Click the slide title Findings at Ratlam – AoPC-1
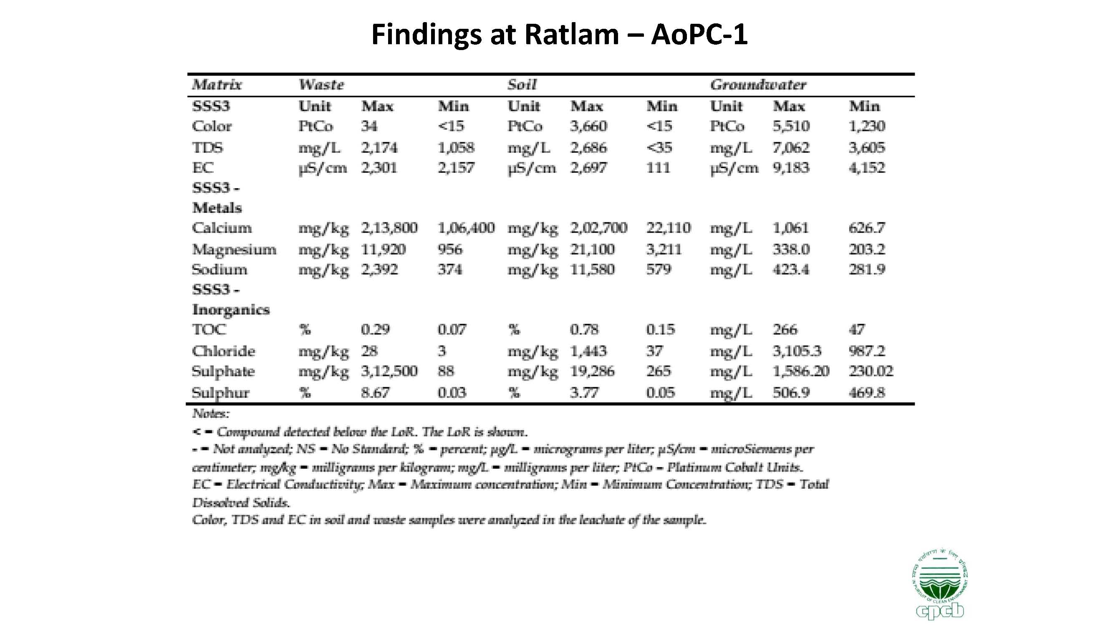click(x=559, y=35)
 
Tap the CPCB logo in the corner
click(x=940, y=588)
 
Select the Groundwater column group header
click(x=758, y=85)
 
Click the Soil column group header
click(x=522, y=85)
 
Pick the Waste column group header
click(x=321, y=85)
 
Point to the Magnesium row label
click(x=234, y=250)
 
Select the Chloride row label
click(x=223, y=351)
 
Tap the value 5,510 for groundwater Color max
click(x=791, y=126)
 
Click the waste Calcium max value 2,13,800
click(x=389, y=228)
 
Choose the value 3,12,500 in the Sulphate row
click(x=389, y=371)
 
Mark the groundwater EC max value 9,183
click(x=791, y=168)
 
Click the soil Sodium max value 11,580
click(x=592, y=270)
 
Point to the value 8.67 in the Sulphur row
click(x=375, y=393)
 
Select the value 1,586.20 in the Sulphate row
click(x=801, y=371)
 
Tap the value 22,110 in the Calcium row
click(x=669, y=228)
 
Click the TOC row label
click(x=209, y=330)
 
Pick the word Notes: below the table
click(x=210, y=414)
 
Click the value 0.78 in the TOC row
click(x=584, y=330)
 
